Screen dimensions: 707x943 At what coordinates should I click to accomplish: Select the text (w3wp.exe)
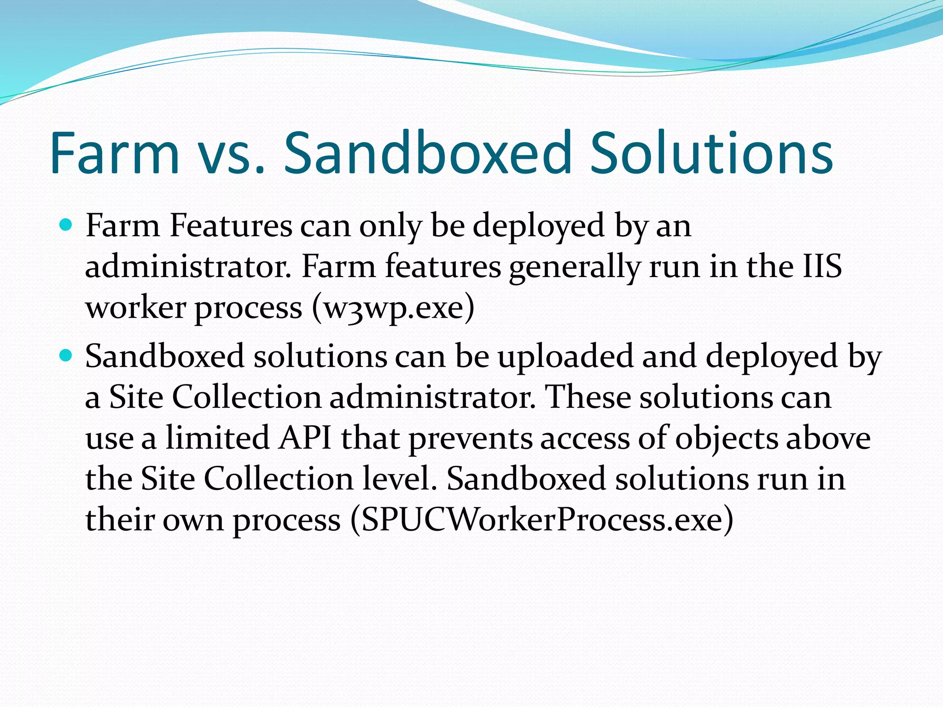(x=393, y=308)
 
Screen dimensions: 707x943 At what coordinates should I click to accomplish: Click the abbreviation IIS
(x=822, y=267)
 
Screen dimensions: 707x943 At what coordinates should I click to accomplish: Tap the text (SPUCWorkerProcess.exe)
(x=541, y=520)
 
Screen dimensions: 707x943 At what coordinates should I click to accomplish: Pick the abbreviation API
(x=305, y=438)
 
